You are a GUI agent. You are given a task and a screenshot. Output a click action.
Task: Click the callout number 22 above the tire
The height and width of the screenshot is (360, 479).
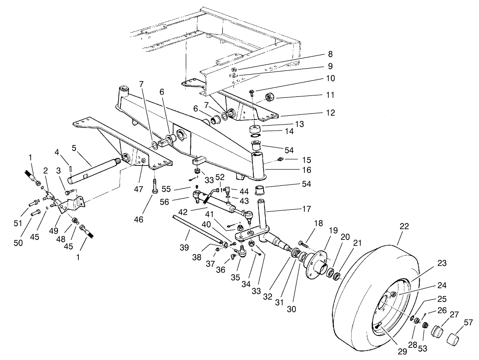tap(404, 227)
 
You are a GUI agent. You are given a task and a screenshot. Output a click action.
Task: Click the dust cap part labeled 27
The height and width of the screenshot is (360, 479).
tap(438, 332)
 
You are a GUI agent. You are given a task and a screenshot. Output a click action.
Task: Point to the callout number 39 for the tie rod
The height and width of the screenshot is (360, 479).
tap(184, 248)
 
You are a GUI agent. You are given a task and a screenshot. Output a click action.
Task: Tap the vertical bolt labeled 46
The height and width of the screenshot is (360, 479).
tap(154, 185)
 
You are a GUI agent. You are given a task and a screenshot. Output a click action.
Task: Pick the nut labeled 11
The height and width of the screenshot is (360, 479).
tap(269, 97)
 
